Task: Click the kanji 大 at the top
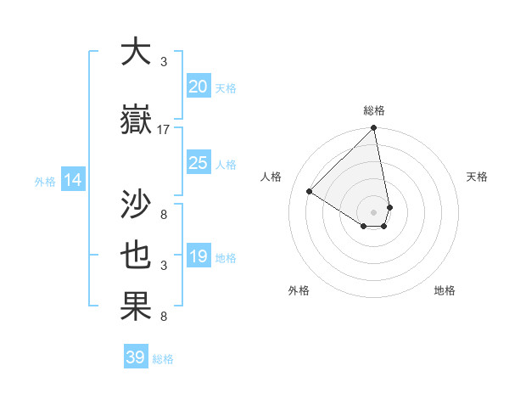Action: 136,53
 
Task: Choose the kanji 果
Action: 136,306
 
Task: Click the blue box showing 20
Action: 198,87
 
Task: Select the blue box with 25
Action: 198,163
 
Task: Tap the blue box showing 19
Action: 198,256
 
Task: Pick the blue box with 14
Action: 73,180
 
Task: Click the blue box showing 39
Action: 135,357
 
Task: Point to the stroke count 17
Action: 164,130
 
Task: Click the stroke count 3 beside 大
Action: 164,62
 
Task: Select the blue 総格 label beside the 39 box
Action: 163,359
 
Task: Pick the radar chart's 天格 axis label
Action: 477,177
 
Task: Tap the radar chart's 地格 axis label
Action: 445,290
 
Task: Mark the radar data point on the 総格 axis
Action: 374,129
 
